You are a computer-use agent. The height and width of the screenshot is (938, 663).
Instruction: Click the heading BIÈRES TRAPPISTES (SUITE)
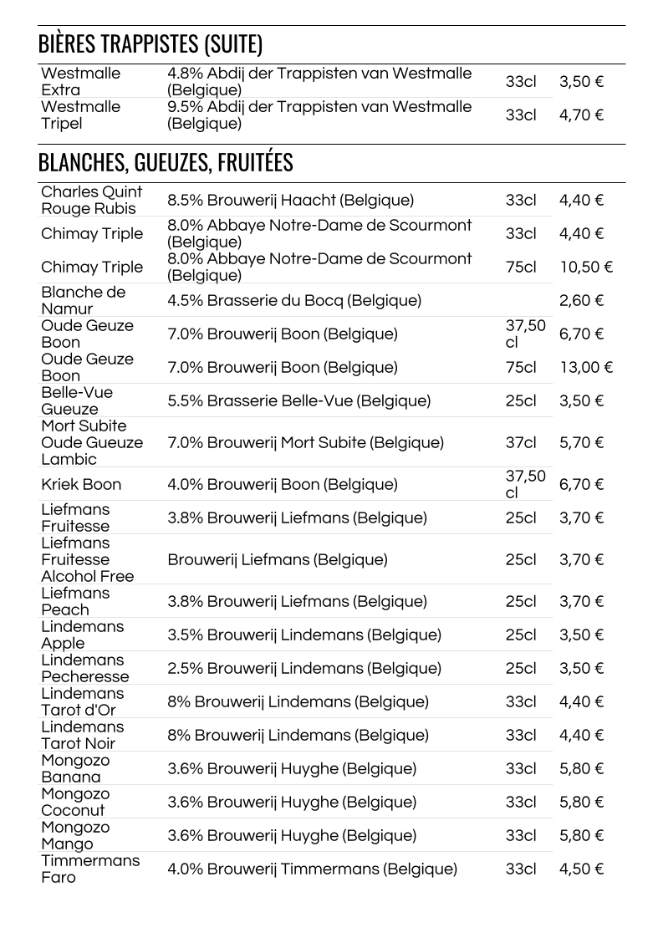coord(150,44)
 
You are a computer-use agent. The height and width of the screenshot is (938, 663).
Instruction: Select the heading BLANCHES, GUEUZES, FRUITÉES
coord(166,162)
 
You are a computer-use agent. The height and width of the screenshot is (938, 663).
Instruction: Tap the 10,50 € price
coord(586,268)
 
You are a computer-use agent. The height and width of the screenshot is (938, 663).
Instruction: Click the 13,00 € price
coord(586,368)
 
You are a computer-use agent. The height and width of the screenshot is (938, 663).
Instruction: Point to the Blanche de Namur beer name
coord(83,301)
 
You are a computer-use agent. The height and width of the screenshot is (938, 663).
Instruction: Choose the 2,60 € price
coord(581,301)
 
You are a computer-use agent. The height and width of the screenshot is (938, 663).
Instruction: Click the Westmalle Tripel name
coord(80,115)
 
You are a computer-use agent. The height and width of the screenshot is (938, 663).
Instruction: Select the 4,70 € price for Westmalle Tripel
coord(581,115)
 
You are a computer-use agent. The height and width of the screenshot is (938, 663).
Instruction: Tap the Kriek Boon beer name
coord(81,485)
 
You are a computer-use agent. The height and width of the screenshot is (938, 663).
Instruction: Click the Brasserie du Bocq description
coord(294,301)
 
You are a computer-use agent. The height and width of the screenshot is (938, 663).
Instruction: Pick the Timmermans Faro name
coord(90,869)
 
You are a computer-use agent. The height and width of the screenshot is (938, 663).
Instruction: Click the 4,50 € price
coord(581,869)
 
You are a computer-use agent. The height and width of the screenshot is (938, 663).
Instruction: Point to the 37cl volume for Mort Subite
coord(521,443)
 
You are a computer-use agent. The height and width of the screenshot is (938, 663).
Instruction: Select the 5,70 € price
coord(581,443)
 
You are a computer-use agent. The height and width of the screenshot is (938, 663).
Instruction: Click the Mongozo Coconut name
coord(75,803)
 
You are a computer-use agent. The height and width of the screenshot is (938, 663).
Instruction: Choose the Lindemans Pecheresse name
coord(84,669)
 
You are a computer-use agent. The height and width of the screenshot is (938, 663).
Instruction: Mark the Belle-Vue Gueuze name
coord(77,401)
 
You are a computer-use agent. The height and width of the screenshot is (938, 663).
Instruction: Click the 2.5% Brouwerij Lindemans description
coord(303,669)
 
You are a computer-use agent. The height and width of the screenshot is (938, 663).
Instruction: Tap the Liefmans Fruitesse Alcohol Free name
coord(87,560)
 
